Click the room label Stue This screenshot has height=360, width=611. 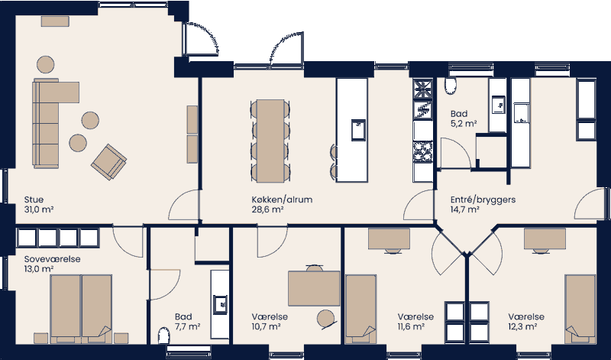point(34,199)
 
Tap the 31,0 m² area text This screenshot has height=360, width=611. point(38,209)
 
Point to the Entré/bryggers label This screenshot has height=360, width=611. point(484,199)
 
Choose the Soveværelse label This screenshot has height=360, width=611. point(52,259)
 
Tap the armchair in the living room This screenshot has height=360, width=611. point(108,160)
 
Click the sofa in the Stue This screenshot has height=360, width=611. point(47,122)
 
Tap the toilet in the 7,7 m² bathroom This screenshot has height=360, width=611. point(163,338)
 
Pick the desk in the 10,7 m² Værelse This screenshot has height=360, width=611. point(314,288)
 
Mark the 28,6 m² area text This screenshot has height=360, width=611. point(267,209)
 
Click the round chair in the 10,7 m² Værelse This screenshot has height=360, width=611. point(327,318)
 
